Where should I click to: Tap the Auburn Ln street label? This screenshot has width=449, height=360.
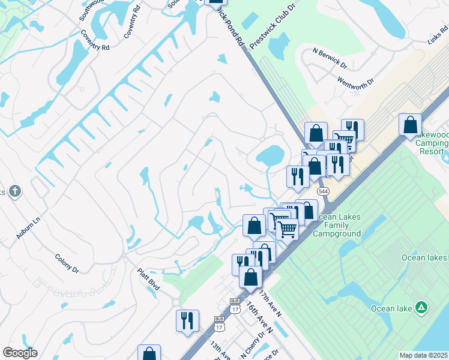coord(28,228)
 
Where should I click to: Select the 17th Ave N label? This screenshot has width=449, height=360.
coord(270,304)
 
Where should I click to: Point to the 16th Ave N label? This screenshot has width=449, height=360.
coord(259,317)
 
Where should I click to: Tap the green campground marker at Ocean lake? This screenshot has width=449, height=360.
coord(422,308)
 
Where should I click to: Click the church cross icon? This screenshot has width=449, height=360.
coord(15,191)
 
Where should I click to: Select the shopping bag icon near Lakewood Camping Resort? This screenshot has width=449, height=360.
coord(410,125)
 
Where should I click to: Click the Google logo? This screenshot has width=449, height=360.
coord(20,353)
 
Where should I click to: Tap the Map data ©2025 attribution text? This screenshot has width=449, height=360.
coord(423,355)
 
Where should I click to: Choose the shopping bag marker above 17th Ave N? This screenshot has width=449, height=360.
coord(250,277)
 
